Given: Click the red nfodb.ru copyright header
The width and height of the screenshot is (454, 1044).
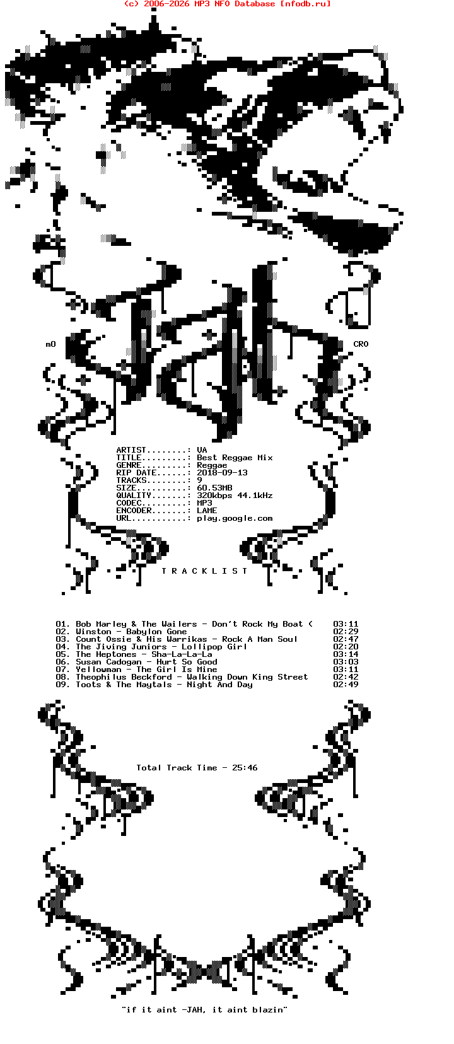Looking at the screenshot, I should click(227, 4).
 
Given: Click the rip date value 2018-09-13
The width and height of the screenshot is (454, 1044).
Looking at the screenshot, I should click(222, 473).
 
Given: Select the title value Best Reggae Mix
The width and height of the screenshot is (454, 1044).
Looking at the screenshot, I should click(235, 458).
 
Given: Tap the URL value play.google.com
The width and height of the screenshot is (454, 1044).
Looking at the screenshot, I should click(235, 518).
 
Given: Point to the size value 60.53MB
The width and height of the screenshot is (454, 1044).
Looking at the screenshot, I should click(214, 488).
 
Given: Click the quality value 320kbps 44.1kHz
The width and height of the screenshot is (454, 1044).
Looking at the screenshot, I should click(235, 496).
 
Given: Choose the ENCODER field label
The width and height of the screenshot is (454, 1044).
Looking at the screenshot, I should click(134, 511).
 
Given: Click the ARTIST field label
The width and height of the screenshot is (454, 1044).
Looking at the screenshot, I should click(131, 450).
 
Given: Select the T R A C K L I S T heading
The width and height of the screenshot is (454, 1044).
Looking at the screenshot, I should click(204, 571).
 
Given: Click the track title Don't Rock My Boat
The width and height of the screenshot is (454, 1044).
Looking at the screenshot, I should click(257, 624).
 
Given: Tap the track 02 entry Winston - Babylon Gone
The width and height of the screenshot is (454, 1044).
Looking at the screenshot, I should click(131, 632).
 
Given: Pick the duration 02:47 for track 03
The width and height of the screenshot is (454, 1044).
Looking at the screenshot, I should click(346, 639).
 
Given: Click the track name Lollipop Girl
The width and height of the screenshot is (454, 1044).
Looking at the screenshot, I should click(214, 647).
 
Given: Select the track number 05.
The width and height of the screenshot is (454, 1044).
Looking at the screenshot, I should click(62, 654).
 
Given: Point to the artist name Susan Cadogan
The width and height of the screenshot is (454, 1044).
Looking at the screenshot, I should click(108, 662).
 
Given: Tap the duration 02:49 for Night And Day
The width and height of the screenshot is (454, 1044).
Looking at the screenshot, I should click(346, 685).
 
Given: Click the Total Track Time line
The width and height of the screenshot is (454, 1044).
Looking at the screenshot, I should click(197, 768).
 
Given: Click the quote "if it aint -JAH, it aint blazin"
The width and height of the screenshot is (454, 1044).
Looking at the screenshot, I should click(204, 1010).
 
